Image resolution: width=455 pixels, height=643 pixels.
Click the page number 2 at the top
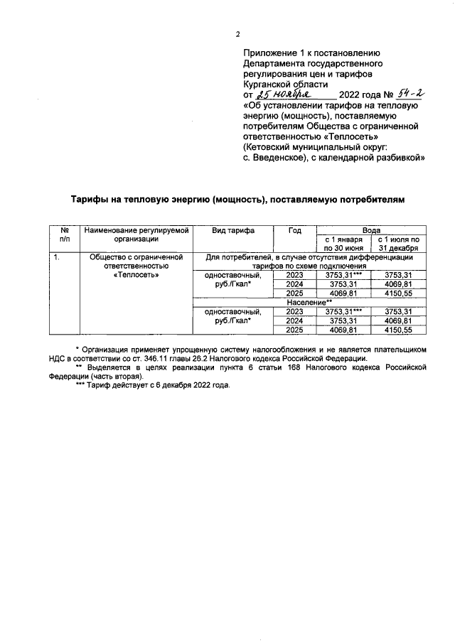pos(238,34)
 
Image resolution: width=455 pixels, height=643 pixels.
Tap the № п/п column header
pos(64,235)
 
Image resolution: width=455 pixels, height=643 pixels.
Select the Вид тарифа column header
pos(232,231)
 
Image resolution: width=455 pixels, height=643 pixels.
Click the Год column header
pos(295,231)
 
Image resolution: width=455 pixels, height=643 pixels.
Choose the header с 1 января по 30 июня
pos(344,244)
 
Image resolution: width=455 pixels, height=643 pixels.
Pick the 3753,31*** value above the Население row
pos(344,274)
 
